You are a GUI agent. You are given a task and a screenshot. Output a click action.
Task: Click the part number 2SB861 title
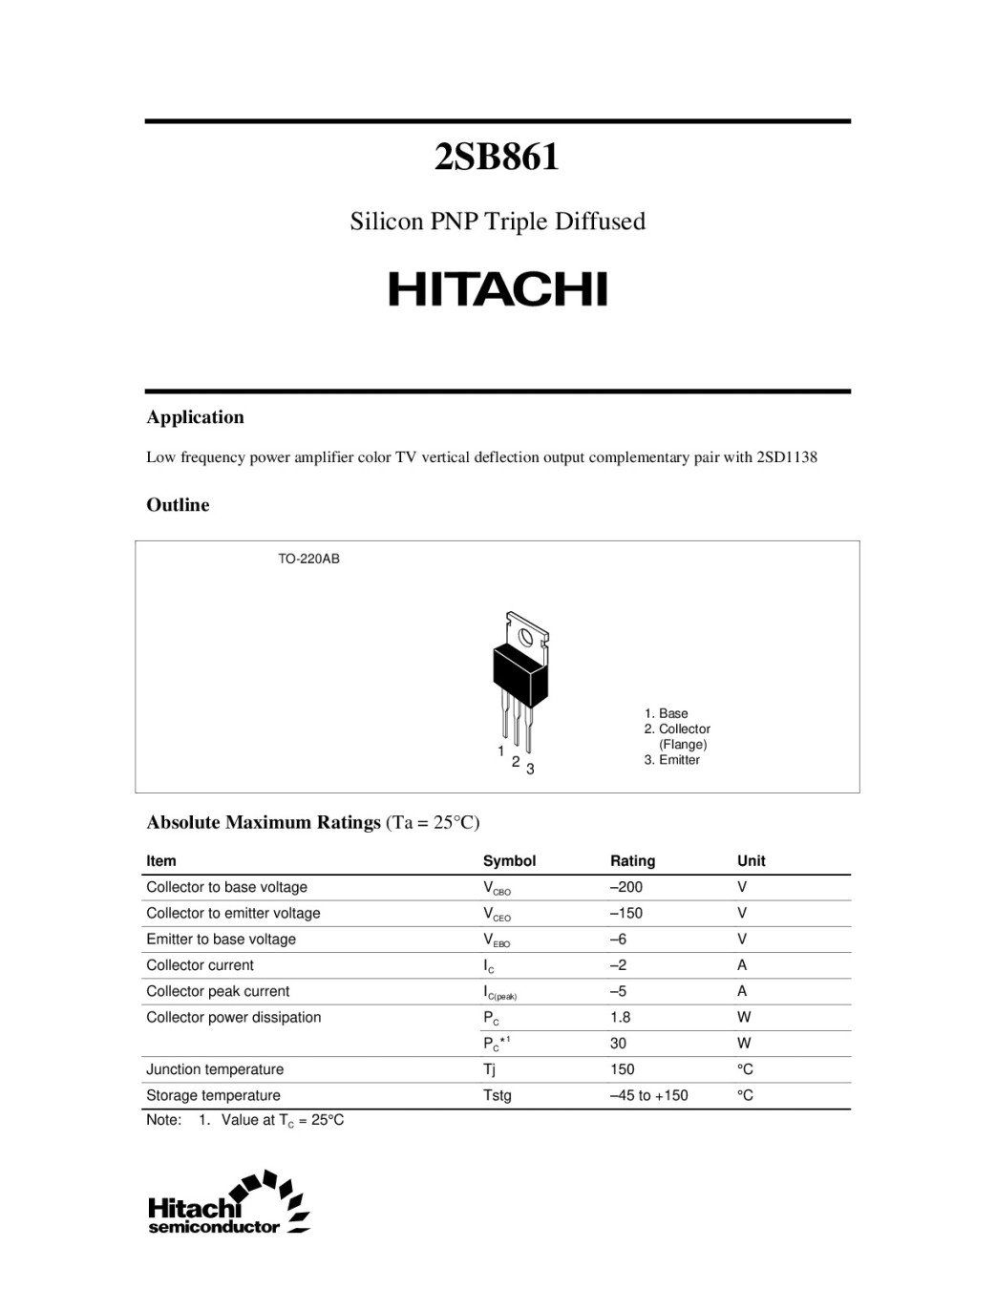[497, 158]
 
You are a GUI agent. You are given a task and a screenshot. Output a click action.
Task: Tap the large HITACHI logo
[498, 289]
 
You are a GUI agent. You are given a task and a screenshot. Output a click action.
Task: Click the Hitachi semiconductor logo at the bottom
[229, 1203]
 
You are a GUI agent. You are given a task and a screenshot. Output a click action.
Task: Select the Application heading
[195, 417]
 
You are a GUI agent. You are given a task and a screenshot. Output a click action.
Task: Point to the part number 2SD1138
[786, 457]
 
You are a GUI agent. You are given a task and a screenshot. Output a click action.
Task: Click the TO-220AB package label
[308, 559]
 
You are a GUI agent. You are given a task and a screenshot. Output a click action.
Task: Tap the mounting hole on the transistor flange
[524, 635]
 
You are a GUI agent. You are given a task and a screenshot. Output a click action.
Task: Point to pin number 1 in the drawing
[500, 751]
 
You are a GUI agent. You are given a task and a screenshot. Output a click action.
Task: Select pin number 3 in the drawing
[530, 769]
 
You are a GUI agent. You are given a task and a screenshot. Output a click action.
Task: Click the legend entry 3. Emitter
[671, 760]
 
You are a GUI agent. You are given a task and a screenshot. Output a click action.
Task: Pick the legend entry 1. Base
[666, 713]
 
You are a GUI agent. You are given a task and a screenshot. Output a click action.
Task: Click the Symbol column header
[509, 861]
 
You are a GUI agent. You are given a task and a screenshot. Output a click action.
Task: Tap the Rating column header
[632, 861]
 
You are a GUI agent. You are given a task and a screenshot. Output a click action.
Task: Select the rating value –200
[626, 887]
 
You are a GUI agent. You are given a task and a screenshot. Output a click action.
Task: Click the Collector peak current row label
[218, 991]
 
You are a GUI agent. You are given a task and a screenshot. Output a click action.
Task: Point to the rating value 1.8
[621, 1017]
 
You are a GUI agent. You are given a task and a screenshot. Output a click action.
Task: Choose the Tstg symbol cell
[498, 1095]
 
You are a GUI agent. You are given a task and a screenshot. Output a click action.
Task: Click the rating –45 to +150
[648, 1095]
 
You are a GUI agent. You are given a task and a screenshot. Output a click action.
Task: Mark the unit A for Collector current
[742, 965]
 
